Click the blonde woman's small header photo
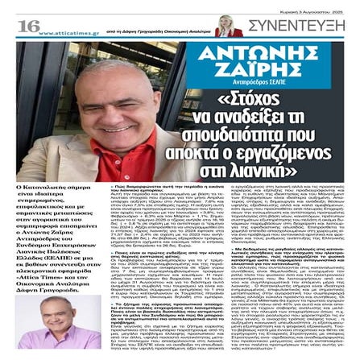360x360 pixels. [228, 25]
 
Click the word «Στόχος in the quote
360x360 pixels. [256, 100]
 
